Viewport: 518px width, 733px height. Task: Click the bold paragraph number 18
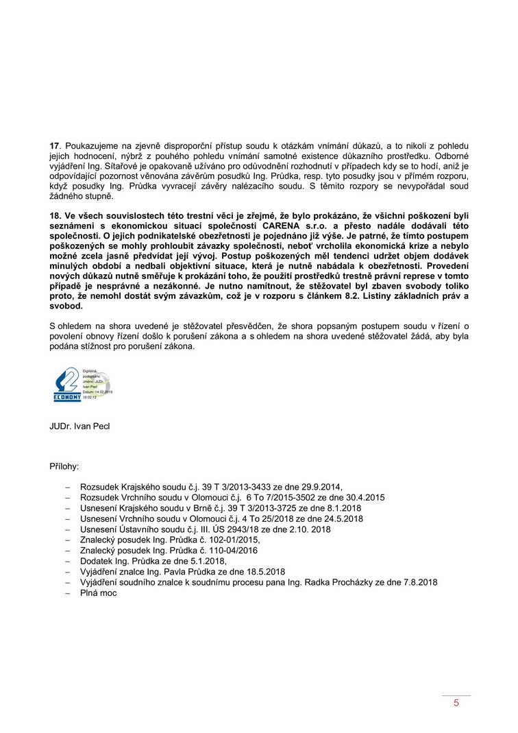coord(56,215)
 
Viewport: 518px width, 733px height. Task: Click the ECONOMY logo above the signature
coord(68,385)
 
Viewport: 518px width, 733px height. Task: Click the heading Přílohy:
coord(64,466)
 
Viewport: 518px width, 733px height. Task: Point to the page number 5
coord(456,703)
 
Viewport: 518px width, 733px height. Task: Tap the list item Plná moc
coord(99,593)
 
